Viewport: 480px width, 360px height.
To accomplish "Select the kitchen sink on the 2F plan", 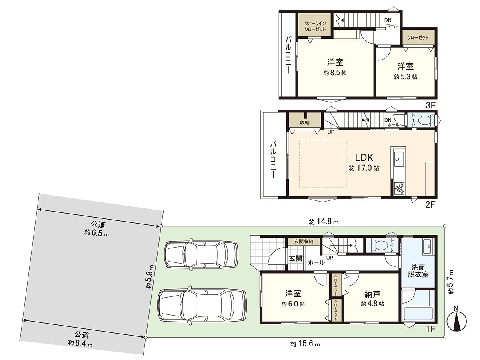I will coord(398,159).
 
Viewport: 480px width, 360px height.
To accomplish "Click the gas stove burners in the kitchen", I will coord(400,188).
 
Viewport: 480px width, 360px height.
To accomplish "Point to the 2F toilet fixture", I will coord(427,120).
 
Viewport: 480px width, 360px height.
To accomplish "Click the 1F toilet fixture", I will coord(377,244).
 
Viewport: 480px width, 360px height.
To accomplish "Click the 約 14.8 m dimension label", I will coord(324,222).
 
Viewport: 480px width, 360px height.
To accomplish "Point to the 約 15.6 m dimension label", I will coord(305,344).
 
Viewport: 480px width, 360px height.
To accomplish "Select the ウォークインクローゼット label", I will coord(315,26).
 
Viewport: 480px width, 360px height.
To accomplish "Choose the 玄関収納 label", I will coord(304,241).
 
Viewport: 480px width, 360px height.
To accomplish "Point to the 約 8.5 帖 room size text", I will coord(335,73).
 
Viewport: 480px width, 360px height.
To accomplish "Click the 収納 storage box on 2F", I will coord(305,122).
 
